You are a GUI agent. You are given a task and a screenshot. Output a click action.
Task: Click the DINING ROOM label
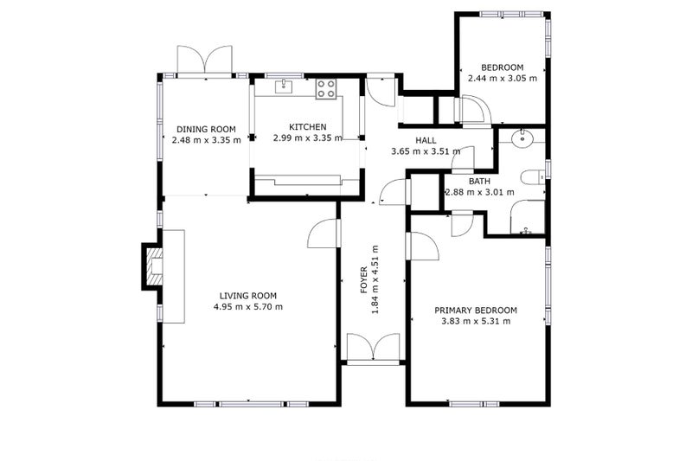(206, 129)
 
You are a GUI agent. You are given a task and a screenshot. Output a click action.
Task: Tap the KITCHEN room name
(308, 127)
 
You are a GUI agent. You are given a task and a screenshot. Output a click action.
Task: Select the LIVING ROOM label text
(248, 296)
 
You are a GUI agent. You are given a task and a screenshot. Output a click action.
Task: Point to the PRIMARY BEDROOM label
(476, 311)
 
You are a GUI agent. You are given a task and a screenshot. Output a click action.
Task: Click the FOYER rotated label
(364, 279)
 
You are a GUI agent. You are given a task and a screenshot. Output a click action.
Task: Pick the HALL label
(426, 140)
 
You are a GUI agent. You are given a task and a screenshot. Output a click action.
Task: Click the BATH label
(479, 181)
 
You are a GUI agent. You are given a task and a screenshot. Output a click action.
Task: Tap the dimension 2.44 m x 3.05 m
(503, 79)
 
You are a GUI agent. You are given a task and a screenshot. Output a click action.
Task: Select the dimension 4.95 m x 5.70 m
(248, 306)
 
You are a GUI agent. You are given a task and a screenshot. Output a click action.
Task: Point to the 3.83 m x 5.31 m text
(476, 321)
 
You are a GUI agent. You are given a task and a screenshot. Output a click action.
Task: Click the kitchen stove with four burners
(326, 89)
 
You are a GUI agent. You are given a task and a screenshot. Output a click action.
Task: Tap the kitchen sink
(284, 86)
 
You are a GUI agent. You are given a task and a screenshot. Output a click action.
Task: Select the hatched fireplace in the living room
(152, 266)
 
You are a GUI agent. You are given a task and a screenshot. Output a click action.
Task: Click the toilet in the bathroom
(533, 178)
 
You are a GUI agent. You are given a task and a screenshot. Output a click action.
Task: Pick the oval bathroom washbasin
(522, 138)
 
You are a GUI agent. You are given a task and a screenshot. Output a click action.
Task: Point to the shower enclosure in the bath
(528, 216)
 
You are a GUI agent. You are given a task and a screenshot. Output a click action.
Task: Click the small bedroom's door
(473, 110)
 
